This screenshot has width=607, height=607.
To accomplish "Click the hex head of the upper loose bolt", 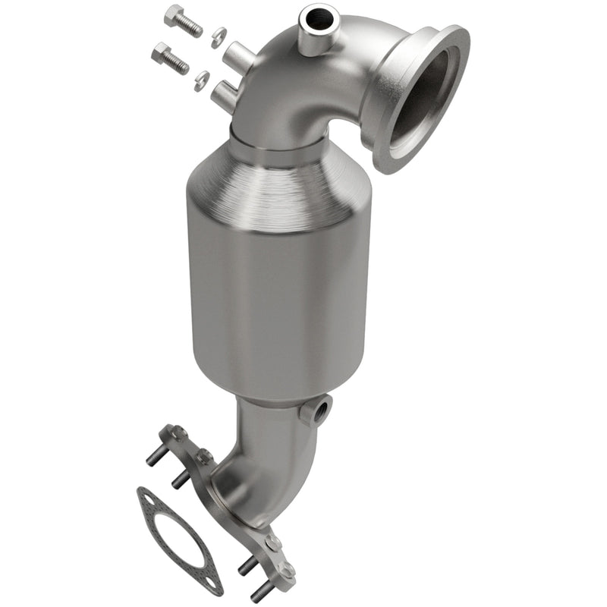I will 175,15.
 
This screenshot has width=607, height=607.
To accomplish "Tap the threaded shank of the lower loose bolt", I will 178,64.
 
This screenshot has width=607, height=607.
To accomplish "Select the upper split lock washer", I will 218,33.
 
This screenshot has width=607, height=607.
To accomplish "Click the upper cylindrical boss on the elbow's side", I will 237,54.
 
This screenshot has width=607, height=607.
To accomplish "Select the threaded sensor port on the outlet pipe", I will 316,411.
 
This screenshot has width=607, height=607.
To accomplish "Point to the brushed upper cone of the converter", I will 281,182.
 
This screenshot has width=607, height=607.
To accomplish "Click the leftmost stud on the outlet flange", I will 152,458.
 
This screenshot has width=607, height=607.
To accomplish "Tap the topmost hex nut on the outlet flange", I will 179,432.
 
